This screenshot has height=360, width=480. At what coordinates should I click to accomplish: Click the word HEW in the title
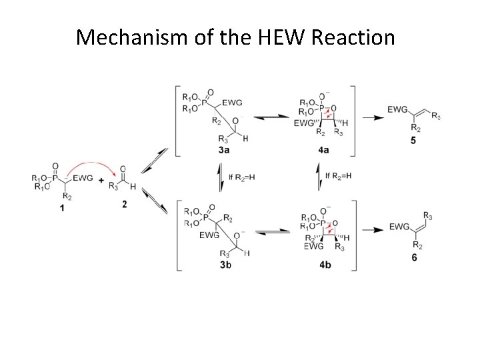click(277, 37)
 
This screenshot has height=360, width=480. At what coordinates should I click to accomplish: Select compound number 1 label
click(62, 209)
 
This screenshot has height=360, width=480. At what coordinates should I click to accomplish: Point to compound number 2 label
click(124, 203)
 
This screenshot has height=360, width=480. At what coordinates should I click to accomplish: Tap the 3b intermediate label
click(225, 265)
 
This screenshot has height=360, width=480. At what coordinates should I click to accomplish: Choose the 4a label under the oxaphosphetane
click(324, 150)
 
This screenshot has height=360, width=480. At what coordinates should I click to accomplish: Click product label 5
click(413, 141)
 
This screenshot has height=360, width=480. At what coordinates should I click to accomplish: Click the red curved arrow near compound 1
click(90, 165)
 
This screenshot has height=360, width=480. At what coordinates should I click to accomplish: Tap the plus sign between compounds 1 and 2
click(101, 180)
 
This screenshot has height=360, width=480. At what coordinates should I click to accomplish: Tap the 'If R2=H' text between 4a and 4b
click(339, 176)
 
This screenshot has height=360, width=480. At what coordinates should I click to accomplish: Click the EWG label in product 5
click(398, 109)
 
